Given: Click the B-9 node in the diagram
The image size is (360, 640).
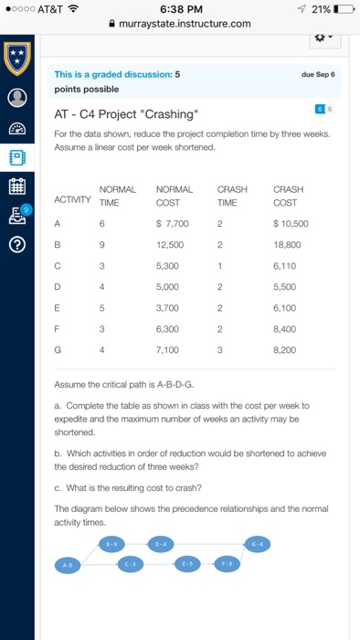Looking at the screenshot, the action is coord(112,543).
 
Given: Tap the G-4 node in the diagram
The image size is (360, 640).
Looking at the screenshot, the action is coord(259,543).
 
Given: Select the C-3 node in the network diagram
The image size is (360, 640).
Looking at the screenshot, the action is coord(132,563).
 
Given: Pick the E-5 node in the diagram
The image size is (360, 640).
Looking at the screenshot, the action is coord(185,563).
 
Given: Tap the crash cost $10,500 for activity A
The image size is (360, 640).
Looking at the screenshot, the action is coord(291,221).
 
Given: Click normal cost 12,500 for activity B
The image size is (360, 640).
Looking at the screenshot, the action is coord(170,245).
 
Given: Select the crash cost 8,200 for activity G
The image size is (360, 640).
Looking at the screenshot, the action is coord(286,347).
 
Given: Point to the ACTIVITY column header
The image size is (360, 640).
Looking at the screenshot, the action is coord(74,198).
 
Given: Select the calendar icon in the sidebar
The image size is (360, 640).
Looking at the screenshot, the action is coord(17,187).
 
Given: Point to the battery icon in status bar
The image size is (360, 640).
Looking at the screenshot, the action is coord(344,9).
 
